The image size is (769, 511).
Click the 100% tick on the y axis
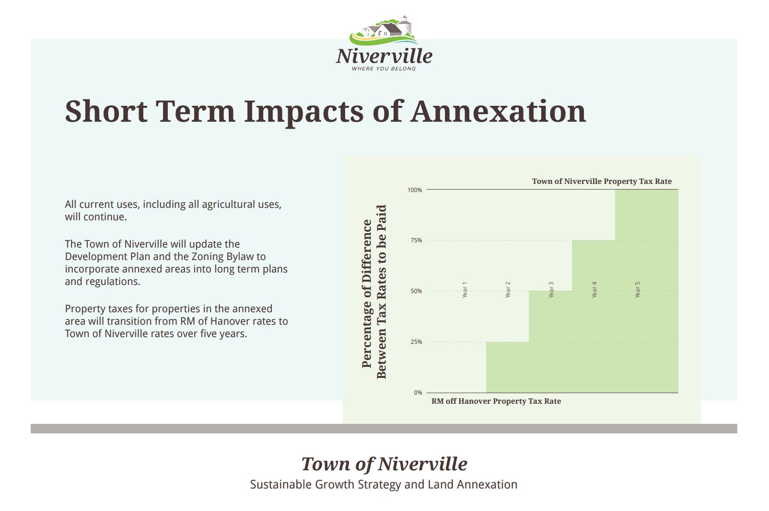pos(415,190)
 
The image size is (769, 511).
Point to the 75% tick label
pos(416,240)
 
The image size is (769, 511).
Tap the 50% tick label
pos(416,291)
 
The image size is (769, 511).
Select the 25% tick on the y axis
pos(416,342)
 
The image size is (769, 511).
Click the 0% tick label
pos(418,393)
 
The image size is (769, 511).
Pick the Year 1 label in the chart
pos(465,290)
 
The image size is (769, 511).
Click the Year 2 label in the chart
pos(508,290)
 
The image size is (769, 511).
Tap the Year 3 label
pos(551,290)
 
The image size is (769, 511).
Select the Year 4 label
pos(594,290)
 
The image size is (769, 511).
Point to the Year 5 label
pos(638,290)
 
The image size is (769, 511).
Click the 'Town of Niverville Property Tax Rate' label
pos(602,182)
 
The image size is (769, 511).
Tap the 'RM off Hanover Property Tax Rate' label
pos(496,401)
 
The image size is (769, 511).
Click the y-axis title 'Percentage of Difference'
pos(367,294)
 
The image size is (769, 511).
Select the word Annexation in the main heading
pos(499,111)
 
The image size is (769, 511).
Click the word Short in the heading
pos(106,111)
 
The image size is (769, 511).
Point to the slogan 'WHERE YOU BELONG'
pos(384,68)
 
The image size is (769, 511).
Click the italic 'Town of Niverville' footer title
pos(384,464)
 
